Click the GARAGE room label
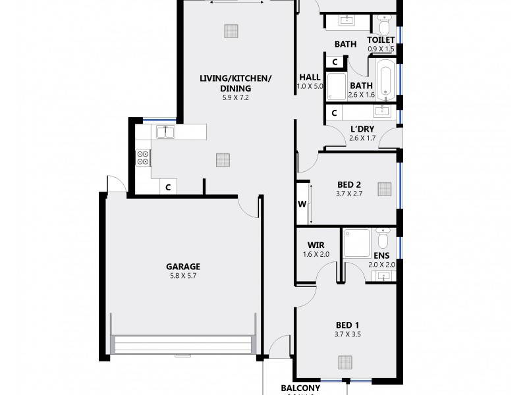pyautogui.click(x=182, y=267)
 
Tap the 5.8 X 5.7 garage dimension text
pyautogui.click(x=182, y=276)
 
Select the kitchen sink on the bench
pyautogui.click(x=165, y=132)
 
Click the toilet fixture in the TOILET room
pyautogui.click(x=383, y=26)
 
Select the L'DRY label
pyautogui.click(x=362, y=128)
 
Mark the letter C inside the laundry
pyautogui.click(x=335, y=113)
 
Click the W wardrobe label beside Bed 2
pyautogui.click(x=302, y=203)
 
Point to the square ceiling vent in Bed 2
pyautogui.click(x=384, y=190)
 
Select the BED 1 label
pyautogui.click(x=347, y=325)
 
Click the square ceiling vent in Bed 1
pyautogui.click(x=345, y=361)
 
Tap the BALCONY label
pyautogui.click(x=300, y=388)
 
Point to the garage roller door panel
pyautogui.click(x=182, y=346)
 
